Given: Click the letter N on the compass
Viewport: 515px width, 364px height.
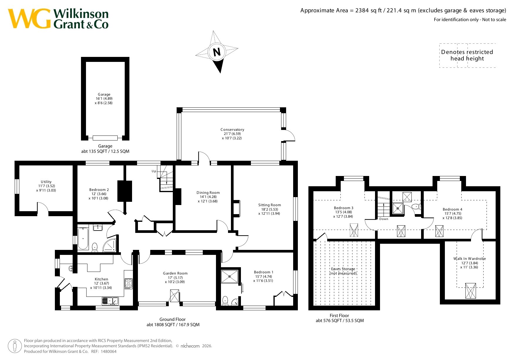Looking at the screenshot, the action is click(217, 52).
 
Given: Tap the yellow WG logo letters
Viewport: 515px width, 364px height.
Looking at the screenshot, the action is click(29, 18).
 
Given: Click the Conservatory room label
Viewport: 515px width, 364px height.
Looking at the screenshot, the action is click(232, 129).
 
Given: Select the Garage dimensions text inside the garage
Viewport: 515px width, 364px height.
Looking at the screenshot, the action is click(104, 101).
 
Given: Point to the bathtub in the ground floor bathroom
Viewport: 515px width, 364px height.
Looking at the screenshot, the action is click(83, 238).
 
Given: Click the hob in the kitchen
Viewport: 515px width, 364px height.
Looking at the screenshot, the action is click(129, 283).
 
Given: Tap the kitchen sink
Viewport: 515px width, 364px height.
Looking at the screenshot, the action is click(110, 301).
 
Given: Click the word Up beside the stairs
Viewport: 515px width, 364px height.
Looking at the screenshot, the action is click(154, 171).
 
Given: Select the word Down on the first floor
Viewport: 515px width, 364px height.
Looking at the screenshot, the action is click(384, 219).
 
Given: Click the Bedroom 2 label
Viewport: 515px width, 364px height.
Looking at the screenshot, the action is click(99, 190).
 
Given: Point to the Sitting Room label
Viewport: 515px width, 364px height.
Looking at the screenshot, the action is click(269, 205).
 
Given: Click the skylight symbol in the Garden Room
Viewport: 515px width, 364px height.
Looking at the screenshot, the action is click(175, 296).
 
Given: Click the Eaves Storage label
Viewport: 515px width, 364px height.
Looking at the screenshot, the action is click(343, 269).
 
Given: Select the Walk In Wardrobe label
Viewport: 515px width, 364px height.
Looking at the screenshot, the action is click(470, 259).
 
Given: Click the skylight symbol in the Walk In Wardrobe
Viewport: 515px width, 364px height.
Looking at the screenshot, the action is click(471, 291).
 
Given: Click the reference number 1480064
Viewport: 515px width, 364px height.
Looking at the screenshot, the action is click(109, 351).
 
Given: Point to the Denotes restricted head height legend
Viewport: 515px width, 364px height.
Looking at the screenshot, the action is click(467, 55).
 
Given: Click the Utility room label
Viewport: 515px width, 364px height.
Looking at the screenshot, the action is click(46, 182).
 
